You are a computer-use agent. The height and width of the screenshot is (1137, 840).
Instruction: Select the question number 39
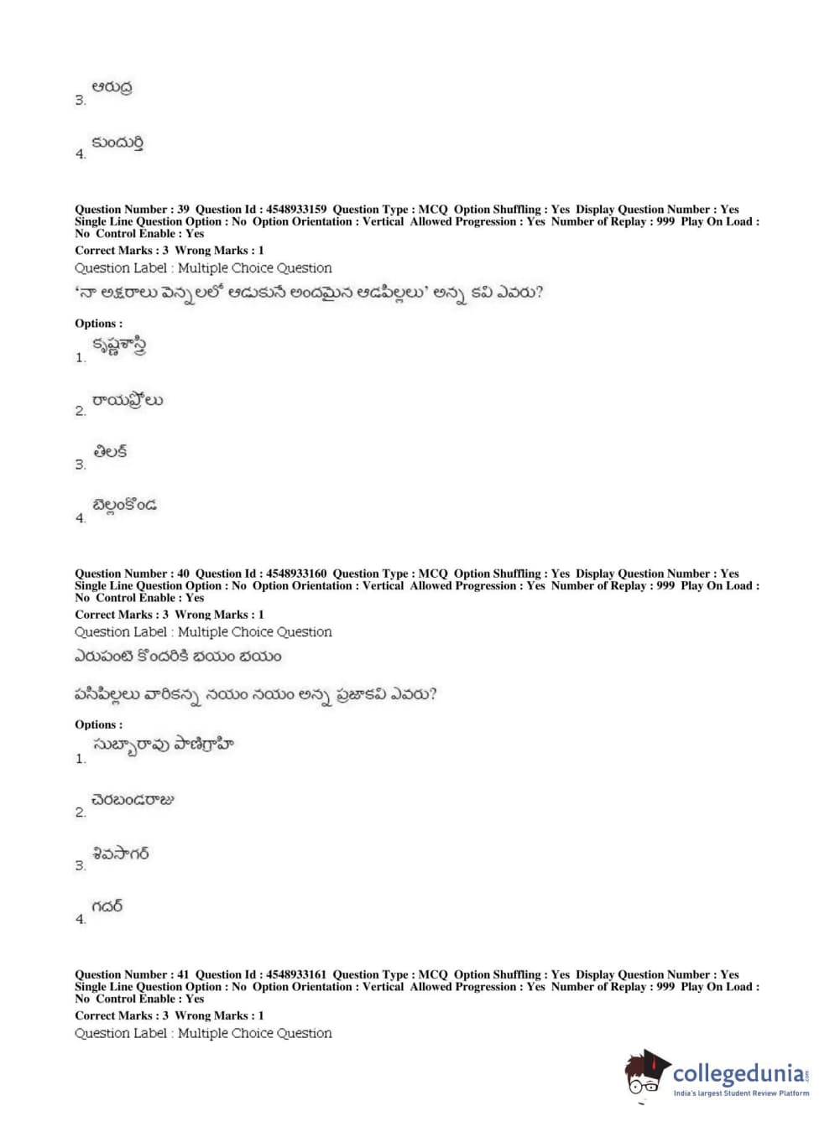(x=183, y=210)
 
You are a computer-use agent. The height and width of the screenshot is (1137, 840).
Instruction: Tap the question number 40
(x=183, y=574)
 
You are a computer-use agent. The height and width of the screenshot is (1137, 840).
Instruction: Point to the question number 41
(x=183, y=974)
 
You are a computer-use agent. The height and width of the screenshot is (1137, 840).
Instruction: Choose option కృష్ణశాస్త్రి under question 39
(x=119, y=346)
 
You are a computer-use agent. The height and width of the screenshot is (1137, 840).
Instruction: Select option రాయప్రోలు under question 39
(x=128, y=401)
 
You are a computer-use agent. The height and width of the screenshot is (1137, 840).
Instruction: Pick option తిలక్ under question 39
(x=111, y=453)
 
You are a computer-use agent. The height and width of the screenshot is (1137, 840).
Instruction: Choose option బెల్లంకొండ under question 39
(x=124, y=506)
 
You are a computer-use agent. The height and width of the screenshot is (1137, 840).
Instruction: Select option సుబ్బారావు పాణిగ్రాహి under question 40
(x=163, y=745)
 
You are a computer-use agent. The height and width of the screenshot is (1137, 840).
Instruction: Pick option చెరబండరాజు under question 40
(x=133, y=800)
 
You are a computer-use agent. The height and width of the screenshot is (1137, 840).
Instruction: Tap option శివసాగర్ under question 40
(x=121, y=854)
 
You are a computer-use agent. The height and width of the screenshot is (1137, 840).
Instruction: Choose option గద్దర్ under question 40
(x=107, y=906)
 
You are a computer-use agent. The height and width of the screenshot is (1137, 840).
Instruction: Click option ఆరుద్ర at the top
(x=112, y=87)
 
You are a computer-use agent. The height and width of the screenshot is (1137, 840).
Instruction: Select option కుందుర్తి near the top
(x=117, y=143)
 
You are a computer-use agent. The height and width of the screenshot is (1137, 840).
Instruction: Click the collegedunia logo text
(x=738, y=1074)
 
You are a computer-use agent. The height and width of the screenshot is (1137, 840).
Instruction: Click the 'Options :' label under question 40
(x=98, y=724)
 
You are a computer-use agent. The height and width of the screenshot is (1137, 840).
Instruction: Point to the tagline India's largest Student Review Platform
(x=741, y=1093)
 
